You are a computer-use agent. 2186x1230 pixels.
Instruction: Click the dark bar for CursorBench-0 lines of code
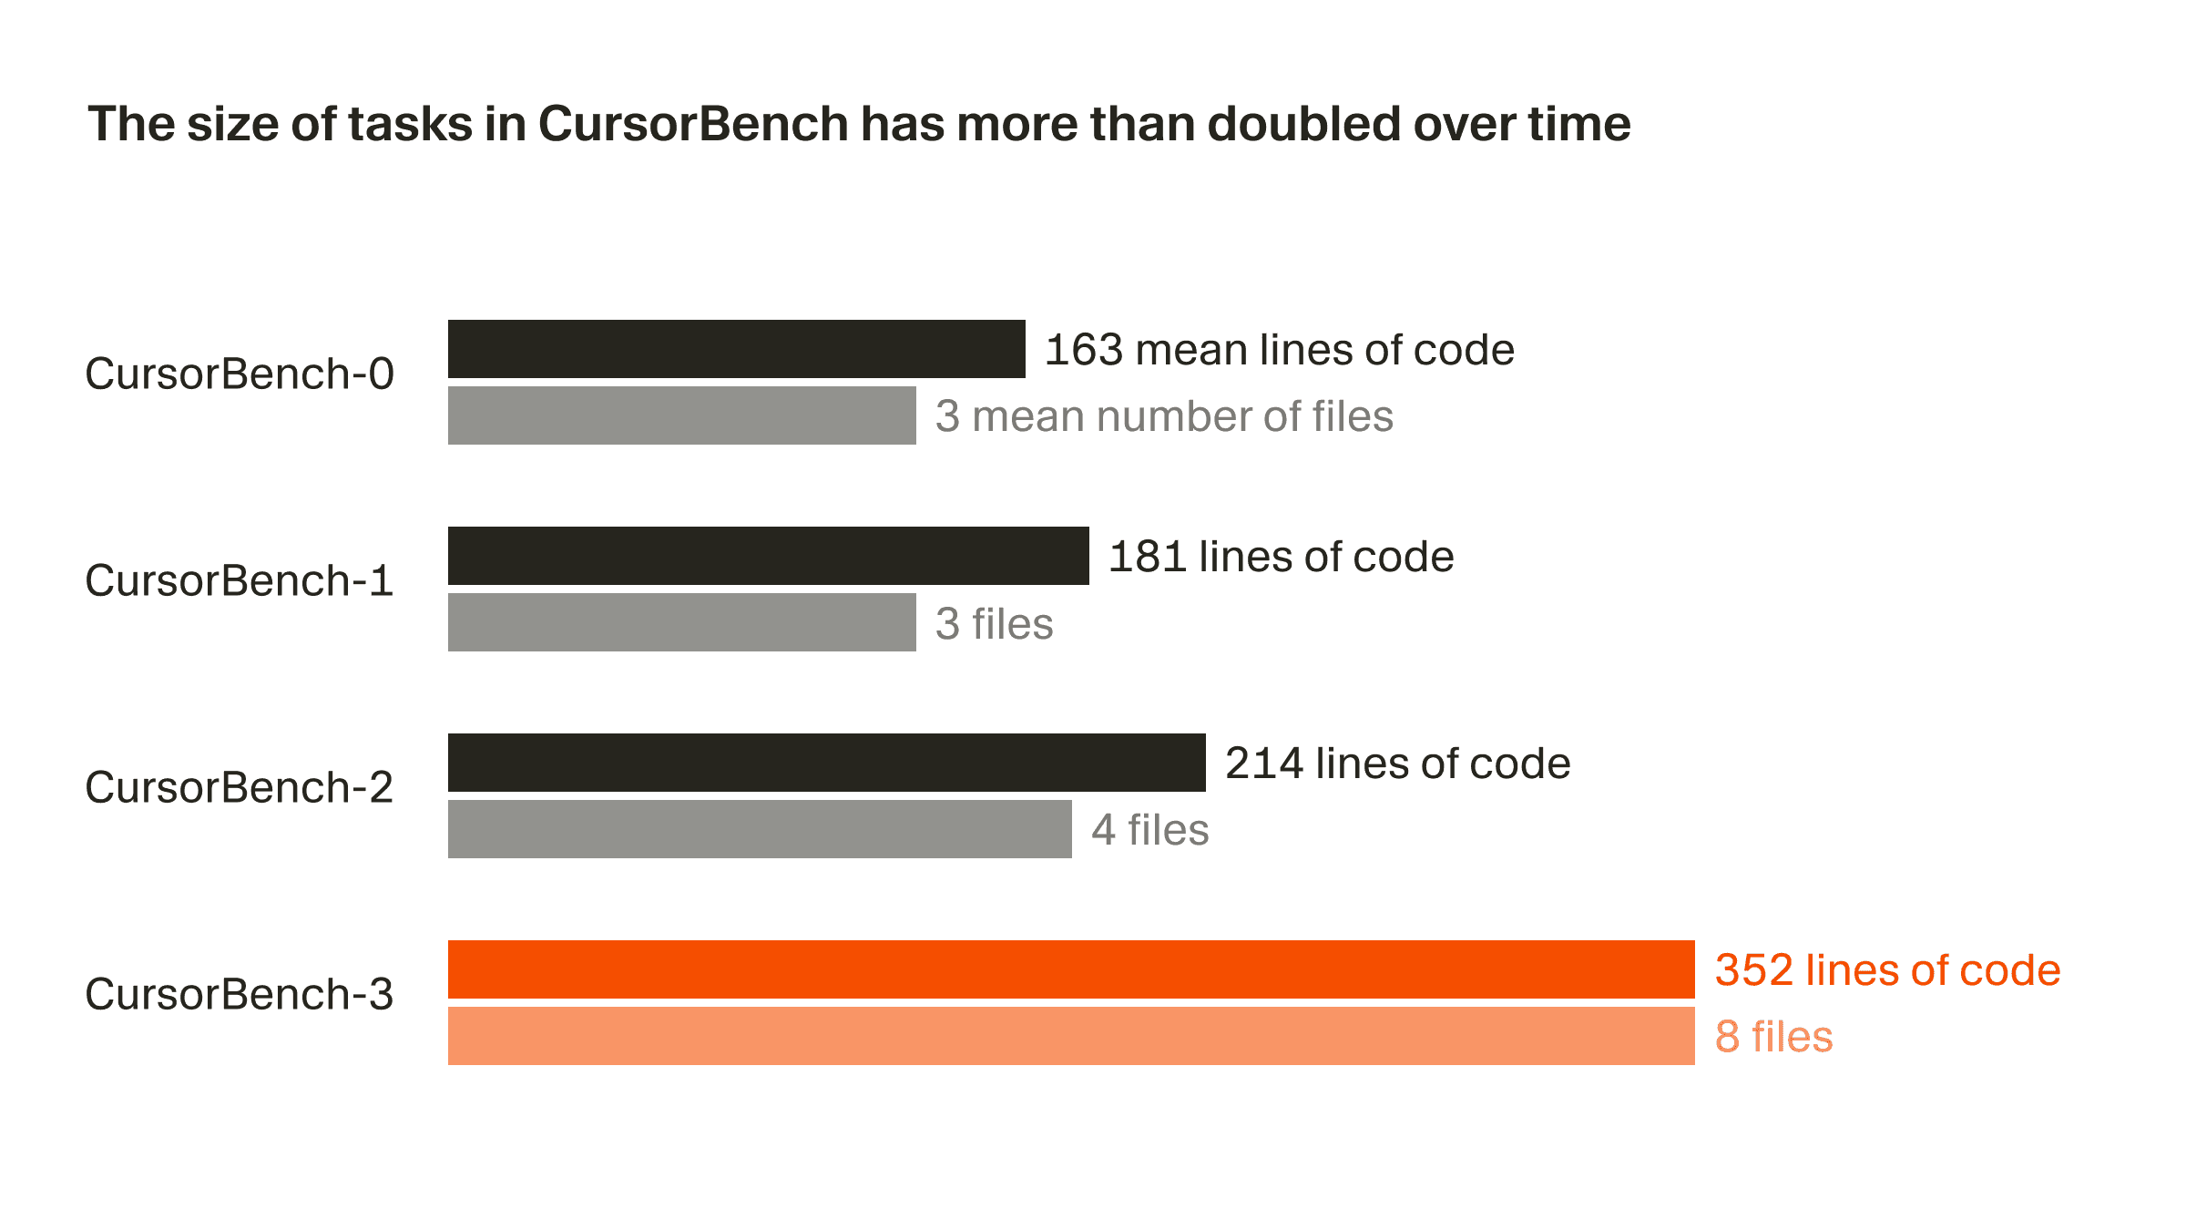[736, 349]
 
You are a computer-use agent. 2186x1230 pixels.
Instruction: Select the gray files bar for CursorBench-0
[681, 415]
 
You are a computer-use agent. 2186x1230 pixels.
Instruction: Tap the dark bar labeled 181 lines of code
[768, 556]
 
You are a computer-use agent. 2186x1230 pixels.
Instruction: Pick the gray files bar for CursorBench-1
[681, 622]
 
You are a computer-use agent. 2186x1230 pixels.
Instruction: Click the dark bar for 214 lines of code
[826, 763]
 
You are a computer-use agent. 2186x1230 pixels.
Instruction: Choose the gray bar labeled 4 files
[760, 829]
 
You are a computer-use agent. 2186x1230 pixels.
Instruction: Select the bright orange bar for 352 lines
[1070, 969]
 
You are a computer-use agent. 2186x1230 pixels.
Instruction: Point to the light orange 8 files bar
[1070, 1036]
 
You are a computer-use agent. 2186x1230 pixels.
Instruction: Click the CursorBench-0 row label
[240, 374]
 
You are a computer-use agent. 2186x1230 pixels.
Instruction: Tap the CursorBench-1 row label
[240, 580]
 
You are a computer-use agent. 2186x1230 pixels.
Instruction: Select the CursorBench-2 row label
[240, 787]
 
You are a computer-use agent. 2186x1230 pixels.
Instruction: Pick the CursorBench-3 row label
[240, 994]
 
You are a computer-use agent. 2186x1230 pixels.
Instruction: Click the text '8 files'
[1773, 1037]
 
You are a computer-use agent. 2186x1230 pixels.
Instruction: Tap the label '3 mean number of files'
[1164, 416]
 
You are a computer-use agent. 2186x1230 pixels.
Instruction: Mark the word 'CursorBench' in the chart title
[693, 124]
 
